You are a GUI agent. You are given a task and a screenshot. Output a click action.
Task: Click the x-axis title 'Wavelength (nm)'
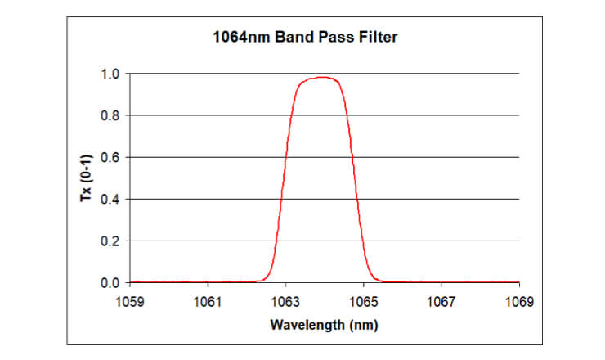[x=324, y=325]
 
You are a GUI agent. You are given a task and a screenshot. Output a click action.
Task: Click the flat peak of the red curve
[x=320, y=78]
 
